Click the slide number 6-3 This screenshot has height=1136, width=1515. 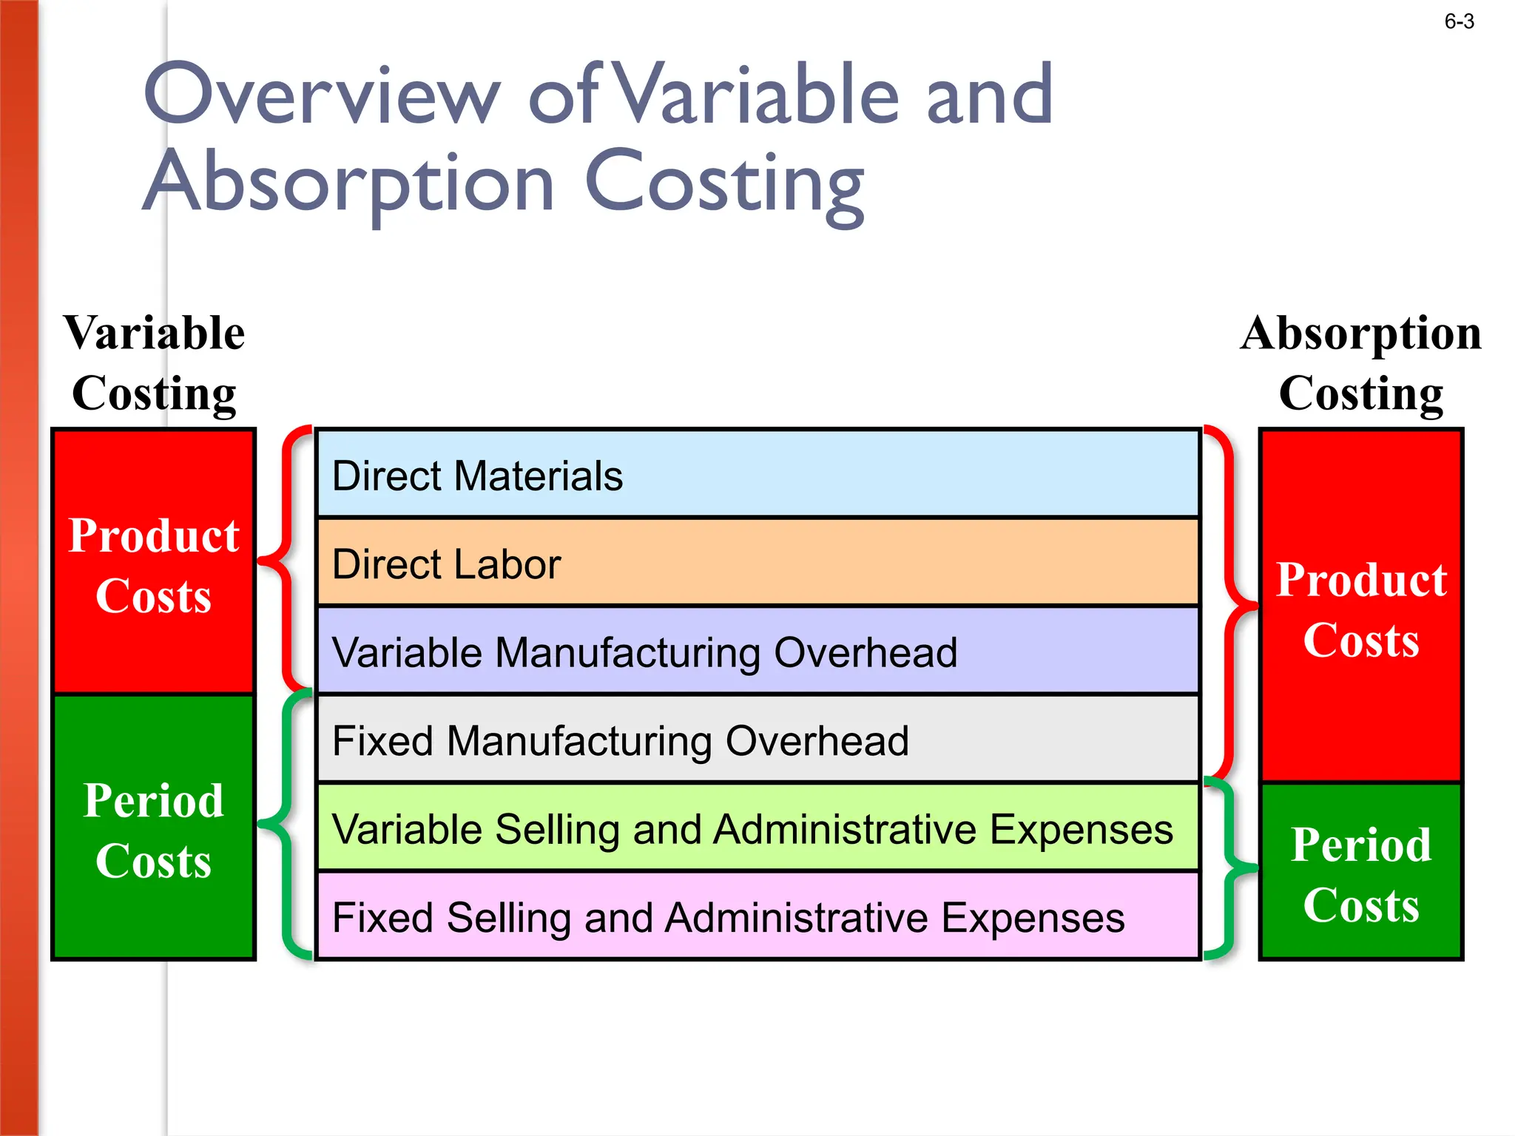[1459, 22]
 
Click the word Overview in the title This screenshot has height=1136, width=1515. [323, 95]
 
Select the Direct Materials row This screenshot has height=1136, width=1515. [757, 474]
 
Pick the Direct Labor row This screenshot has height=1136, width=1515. [757, 563]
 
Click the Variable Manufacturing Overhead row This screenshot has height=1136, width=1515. [757, 651]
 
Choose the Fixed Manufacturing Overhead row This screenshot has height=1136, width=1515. [757, 739]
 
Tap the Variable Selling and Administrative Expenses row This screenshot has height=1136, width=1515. [757, 828]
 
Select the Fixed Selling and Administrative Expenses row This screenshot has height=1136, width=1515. [757, 916]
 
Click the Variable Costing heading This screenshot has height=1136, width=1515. [154, 362]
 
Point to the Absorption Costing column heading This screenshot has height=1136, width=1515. [1361, 362]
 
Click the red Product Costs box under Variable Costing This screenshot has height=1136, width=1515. [154, 562]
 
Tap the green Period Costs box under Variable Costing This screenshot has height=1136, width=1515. [154, 828]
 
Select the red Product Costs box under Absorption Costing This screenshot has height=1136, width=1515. [1361, 606]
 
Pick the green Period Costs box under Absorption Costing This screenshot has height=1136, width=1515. [1361, 872]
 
